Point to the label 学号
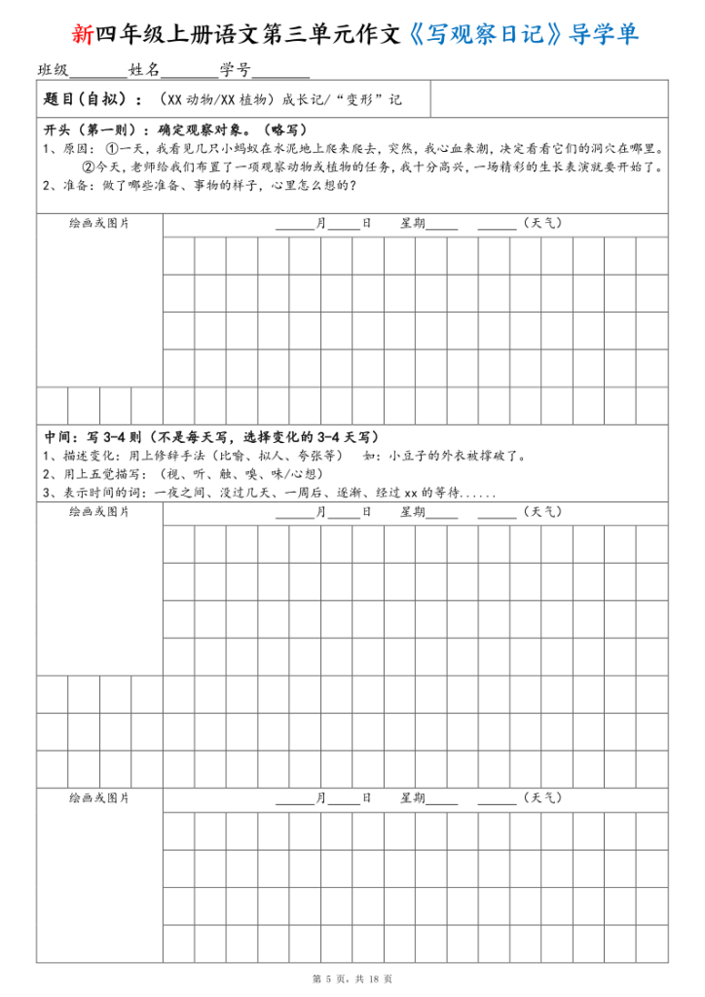235,70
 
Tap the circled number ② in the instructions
87,166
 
